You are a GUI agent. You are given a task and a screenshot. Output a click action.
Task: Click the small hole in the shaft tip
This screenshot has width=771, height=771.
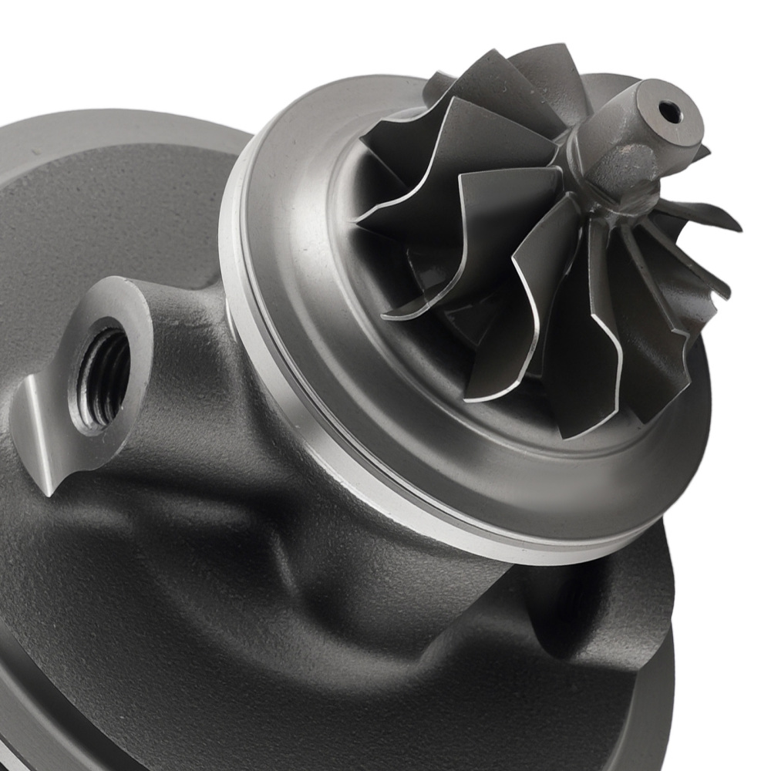coord(669,113)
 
